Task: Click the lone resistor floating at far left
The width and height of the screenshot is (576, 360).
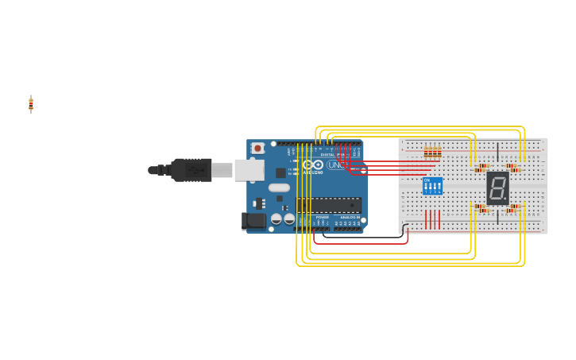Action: (31, 104)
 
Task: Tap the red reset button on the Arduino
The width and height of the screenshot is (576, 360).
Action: (257, 148)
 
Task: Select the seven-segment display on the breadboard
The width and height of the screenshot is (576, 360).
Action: (498, 188)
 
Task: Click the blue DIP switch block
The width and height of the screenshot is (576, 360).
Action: (432, 186)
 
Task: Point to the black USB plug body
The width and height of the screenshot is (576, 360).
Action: (191, 169)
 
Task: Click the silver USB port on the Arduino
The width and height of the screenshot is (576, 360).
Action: (249, 169)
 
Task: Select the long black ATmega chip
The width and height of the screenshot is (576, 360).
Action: (329, 205)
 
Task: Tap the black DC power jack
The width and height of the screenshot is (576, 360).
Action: (254, 221)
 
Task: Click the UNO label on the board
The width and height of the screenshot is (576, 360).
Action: (336, 165)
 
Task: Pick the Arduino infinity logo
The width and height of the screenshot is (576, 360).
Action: (312, 165)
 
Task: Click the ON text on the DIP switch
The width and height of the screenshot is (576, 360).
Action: (427, 180)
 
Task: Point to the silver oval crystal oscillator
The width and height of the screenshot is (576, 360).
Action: (279, 188)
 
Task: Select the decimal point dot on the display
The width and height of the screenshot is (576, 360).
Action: (506, 199)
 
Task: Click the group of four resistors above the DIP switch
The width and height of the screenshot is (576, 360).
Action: (432, 152)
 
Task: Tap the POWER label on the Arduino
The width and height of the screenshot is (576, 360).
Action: (322, 217)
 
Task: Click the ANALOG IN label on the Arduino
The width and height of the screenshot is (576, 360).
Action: (350, 217)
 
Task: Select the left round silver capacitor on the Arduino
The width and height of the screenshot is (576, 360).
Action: (276, 219)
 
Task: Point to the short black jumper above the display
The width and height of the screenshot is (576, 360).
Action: (498, 152)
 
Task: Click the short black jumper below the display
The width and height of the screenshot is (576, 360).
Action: (498, 216)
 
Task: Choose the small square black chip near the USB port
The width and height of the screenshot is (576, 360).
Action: (280, 172)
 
